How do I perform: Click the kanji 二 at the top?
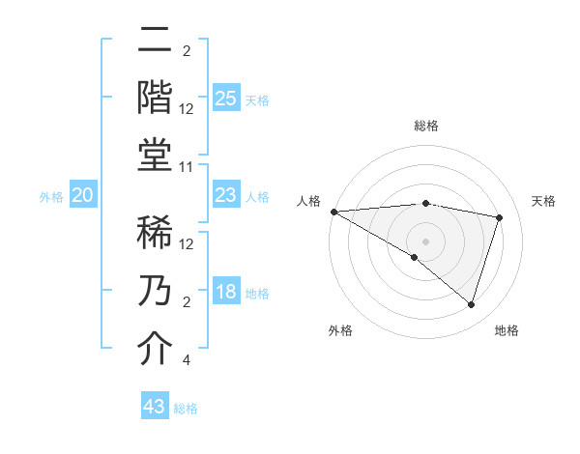click(x=155, y=41)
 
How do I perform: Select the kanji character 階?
click(x=155, y=97)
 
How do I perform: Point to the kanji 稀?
click(x=155, y=233)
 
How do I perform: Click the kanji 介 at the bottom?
click(x=155, y=349)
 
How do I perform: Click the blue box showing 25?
click(x=225, y=99)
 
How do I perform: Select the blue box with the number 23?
click(x=225, y=196)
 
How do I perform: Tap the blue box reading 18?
click(x=225, y=293)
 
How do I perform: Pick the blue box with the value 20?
click(x=83, y=196)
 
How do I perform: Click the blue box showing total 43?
click(x=155, y=407)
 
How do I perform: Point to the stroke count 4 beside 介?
click(x=186, y=360)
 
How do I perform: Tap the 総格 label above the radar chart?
click(x=425, y=126)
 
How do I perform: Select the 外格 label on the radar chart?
click(x=340, y=330)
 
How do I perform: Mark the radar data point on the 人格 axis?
click(x=333, y=212)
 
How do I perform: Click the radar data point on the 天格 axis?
click(x=500, y=217)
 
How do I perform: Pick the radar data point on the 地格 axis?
click(x=471, y=305)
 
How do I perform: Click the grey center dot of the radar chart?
click(x=425, y=240)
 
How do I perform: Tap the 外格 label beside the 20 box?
click(x=51, y=197)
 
